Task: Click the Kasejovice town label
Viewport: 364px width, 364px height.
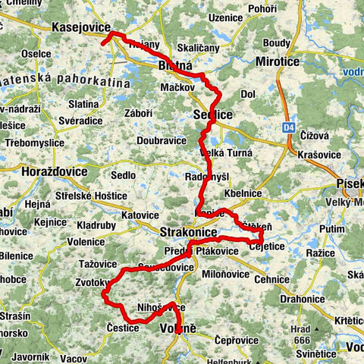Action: pos(81,27)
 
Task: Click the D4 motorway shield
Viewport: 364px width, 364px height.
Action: pos(290,127)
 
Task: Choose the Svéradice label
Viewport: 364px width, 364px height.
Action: pos(74,120)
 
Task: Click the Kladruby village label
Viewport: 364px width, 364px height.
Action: pos(96,227)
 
